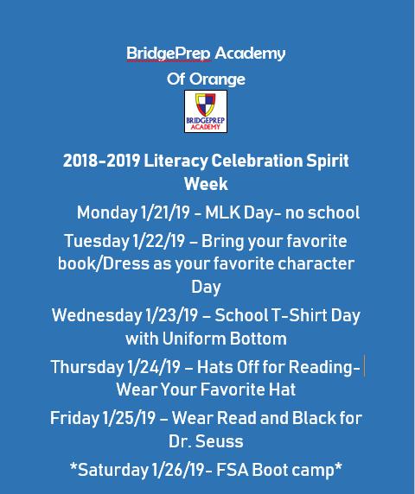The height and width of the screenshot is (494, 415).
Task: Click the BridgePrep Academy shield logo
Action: (x=206, y=111)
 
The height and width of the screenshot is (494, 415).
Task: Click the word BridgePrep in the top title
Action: (x=168, y=54)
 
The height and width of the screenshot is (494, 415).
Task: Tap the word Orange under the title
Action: (x=217, y=79)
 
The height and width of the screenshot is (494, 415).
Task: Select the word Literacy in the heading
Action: (x=176, y=161)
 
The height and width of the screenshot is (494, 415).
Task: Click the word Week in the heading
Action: (x=206, y=184)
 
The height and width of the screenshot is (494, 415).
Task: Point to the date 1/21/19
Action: (x=164, y=212)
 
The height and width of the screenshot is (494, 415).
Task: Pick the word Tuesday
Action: (x=97, y=242)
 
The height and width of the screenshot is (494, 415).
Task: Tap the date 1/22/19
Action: (x=158, y=241)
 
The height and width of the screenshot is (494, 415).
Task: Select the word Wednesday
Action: (x=97, y=315)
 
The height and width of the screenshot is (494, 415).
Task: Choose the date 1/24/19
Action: (x=154, y=367)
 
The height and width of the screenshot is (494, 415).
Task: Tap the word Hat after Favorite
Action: (x=282, y=389)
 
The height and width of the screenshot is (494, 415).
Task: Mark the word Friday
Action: (x=74, y=418)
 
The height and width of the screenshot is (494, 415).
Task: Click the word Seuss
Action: (x=220, y=441)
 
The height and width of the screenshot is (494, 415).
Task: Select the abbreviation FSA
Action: (x=232, y=470)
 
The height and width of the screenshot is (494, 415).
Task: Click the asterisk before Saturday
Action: (x=73, y=466)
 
